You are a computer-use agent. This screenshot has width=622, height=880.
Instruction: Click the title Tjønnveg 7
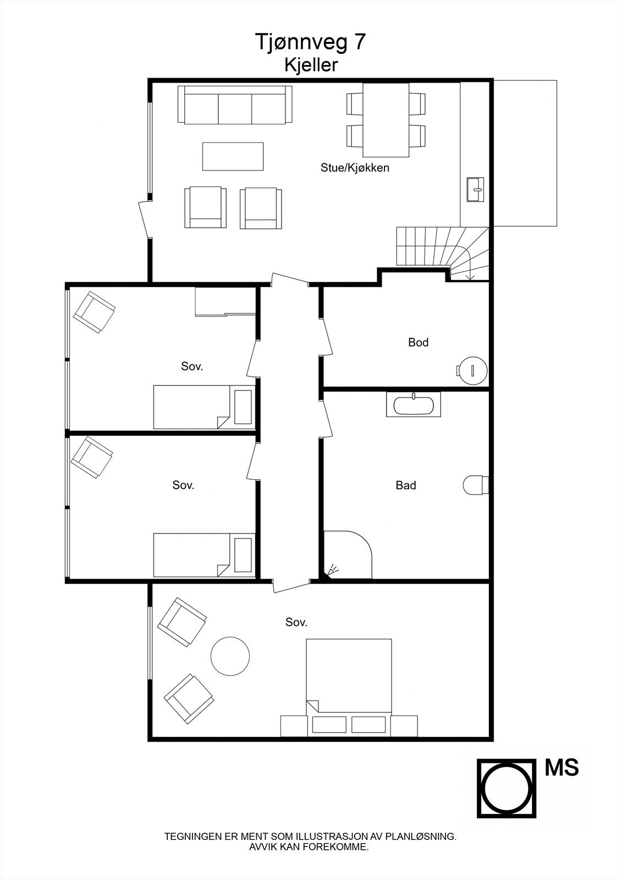pos(310,42)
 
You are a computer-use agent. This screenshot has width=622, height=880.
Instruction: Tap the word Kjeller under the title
pos(311,65)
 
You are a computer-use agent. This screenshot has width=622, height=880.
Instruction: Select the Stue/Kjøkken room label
pos(355,168)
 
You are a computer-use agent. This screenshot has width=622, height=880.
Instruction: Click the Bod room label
pos(418,342)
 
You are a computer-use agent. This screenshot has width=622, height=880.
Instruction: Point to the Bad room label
pos(406,485)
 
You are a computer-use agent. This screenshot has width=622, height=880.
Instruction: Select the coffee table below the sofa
pos(233,156)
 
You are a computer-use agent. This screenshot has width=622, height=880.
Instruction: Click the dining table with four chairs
pos(386,119)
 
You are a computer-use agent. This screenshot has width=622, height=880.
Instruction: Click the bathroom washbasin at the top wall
pos(414,405)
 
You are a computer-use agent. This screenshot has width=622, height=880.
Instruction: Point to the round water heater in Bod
pos(472,370)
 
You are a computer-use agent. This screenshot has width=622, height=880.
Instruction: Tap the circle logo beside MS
pos(506,788)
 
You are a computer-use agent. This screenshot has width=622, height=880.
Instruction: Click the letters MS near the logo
pos(562,768)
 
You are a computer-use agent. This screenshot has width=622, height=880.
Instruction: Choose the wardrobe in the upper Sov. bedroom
pos(225,302)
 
